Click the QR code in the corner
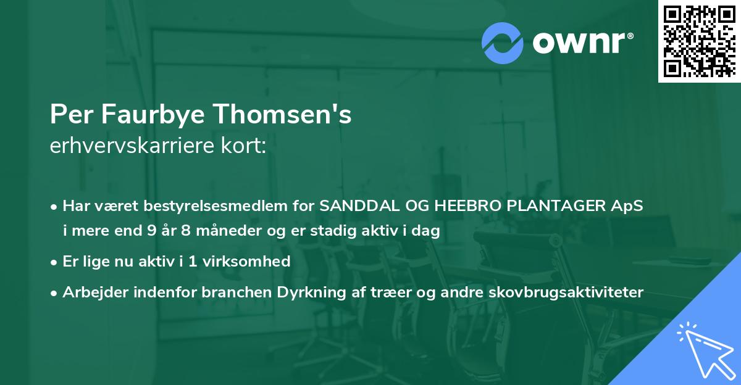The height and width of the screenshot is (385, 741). click(x=699, y=41)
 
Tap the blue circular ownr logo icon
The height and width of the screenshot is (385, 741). click(x=503, y=43)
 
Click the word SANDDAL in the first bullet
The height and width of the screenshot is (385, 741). click(x=353, y=206)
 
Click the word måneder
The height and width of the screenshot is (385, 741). click(x=230, y=232)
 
